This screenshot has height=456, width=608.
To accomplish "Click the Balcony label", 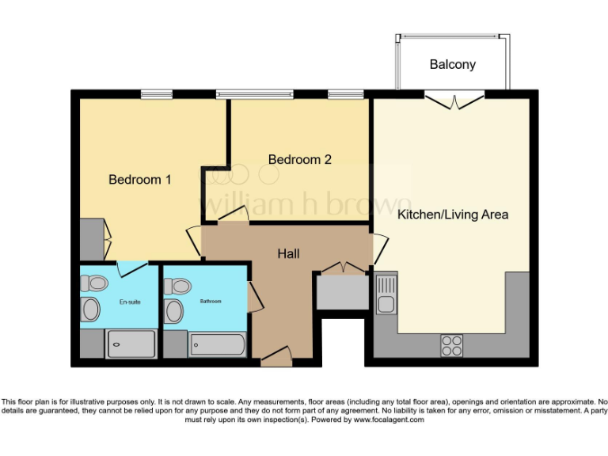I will click(x=452, y=64).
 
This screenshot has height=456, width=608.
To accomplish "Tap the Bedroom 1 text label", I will click(x=139, y=180).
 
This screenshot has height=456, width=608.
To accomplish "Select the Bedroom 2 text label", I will click(x=299, y=159).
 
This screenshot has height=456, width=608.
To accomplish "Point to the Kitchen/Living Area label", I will click(x=452, y=215).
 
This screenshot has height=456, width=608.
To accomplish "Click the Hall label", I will click(x=288, y=253).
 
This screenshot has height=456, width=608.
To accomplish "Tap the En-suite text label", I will click(x=130, y=302).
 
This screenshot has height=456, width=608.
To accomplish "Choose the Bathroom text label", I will click(x=211, y=302).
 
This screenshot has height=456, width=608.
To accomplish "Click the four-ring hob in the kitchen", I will click(x=451, y=345).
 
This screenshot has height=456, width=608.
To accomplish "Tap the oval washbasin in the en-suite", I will click(x=92, y=310).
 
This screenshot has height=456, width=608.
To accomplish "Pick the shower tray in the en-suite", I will click(x=131, y=344).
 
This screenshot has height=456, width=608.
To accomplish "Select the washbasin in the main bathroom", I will click(x=174, y=311).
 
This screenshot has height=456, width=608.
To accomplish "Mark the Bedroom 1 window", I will click(x=156, y=94).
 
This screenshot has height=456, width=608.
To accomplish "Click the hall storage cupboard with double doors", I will click(x=343, y=291).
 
